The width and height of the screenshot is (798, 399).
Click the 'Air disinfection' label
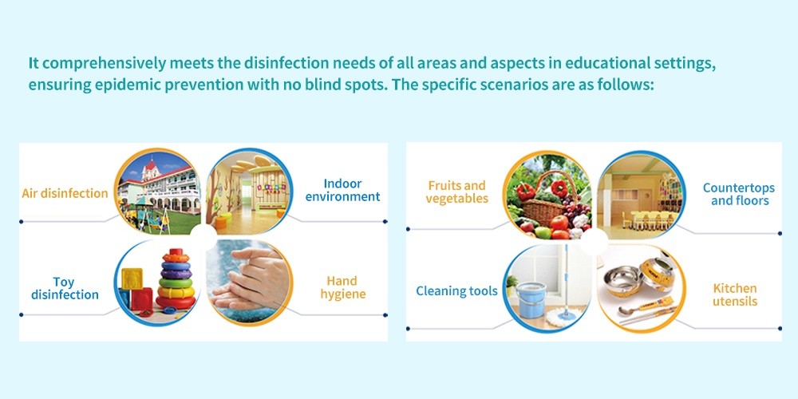[65, 193]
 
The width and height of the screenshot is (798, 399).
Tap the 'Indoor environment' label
[342, 190]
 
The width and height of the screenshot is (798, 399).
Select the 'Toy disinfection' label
[65, 288]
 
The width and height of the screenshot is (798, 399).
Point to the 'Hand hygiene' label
[342, 287]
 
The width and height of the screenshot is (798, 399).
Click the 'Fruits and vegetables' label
[457, 192]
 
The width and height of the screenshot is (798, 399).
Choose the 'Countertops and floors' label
[739, 194]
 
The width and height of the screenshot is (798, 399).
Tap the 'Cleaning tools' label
[456, 291]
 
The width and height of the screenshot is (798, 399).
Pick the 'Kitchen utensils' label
[735, 294]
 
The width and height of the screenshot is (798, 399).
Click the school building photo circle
[157, 192]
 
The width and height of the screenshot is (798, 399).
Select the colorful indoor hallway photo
[249, 192]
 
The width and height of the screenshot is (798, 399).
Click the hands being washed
[249, 283]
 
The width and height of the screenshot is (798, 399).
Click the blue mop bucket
[530, 300]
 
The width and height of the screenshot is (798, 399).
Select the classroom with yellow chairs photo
[642, 195]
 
